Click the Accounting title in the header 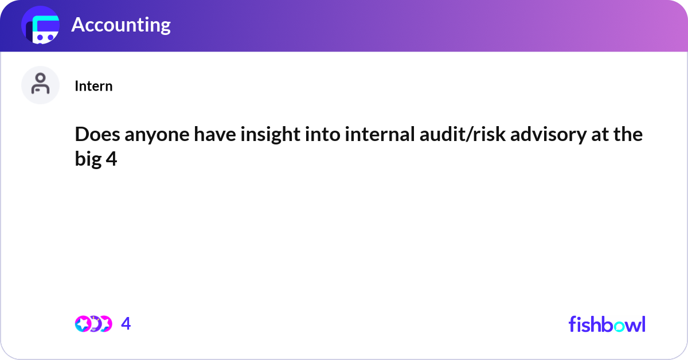click(121, 25)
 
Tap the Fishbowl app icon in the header click(41, 26)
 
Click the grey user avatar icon click(41, 85)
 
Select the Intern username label click(93, 86)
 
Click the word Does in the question click(95, 135)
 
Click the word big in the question click(88, 159)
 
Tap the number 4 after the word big click(111, 159)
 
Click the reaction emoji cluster click(93, 324)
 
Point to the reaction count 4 click(126, 324)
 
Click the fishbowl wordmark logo click(607, 324)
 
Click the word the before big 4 click(630, 135)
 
